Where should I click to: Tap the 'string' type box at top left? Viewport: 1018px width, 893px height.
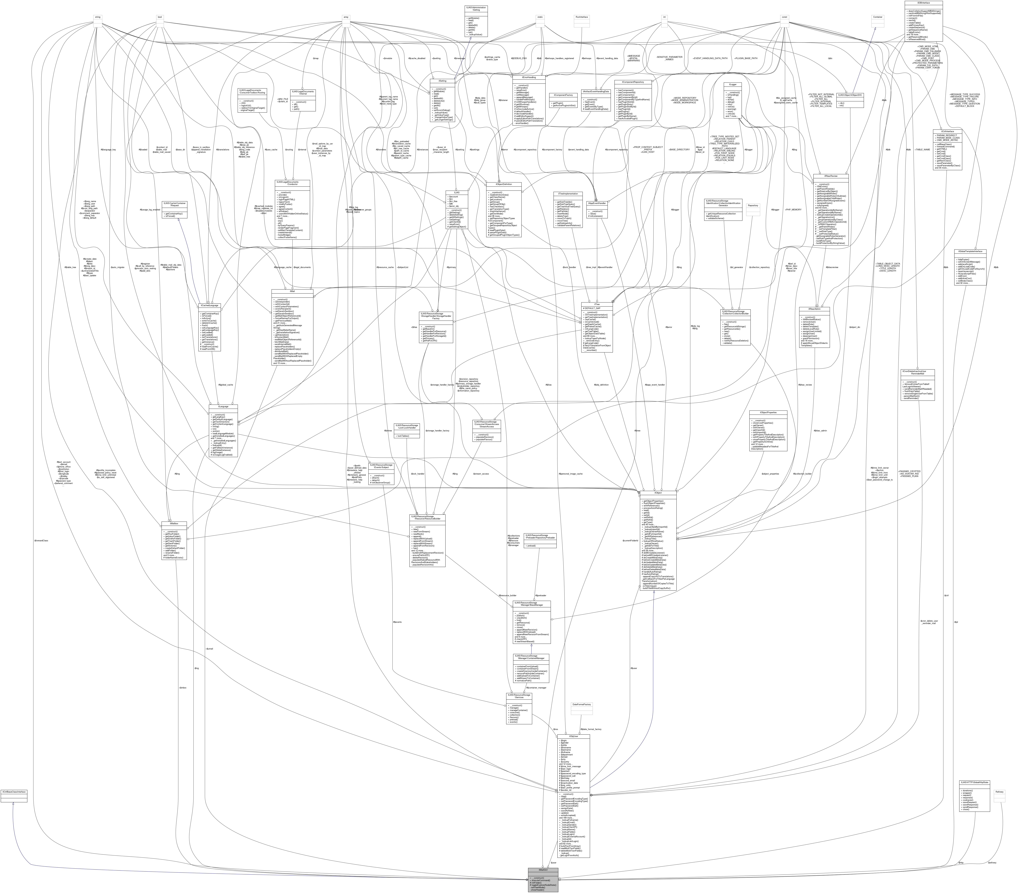click(98, 17)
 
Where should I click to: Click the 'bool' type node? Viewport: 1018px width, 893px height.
click(159, 17)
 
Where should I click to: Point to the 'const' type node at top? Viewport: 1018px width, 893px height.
click(784, 17)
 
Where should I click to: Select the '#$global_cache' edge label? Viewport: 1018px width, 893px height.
click(226, 385)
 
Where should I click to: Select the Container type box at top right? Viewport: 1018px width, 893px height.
click(878, 17)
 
